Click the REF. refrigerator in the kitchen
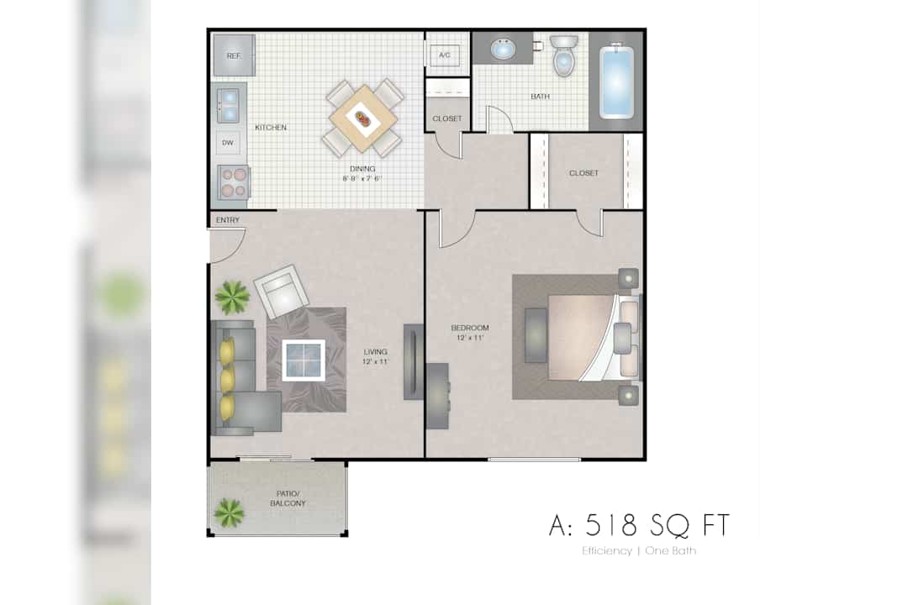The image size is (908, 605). [234, 55]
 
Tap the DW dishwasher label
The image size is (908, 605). [228, 142]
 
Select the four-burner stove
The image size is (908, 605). [234, 181]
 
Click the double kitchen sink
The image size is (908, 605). [228, 105]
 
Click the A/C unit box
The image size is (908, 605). [445, 55]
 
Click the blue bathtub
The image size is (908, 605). [616, 82]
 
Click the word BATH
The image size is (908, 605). [541, 97]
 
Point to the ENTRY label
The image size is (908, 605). [228, 220]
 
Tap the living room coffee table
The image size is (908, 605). [304, 360]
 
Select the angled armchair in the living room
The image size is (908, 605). [282, 292]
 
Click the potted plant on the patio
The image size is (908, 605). [229, 513]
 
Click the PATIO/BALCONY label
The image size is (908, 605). [288, 498]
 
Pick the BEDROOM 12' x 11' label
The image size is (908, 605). [470, 332]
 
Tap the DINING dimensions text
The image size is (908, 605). [362, 179]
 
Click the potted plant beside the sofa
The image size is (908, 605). [232, 297]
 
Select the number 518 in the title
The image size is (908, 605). [611, 525]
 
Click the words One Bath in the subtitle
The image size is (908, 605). [671, 550]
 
